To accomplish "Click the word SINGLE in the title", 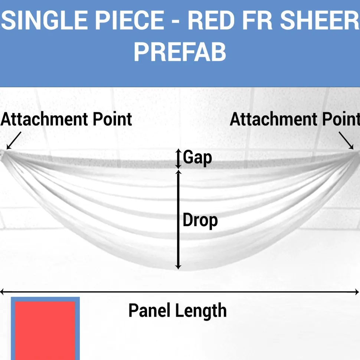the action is tap(44, 20).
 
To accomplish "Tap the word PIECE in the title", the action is tap(130, 20).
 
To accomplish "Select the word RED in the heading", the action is tap(210, 20).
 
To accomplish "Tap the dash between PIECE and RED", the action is tap(176, 21).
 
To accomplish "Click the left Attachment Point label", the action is tap(66, 120).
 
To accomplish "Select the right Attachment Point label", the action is tap(295, 120).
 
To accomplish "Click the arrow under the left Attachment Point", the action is tap(14, 141).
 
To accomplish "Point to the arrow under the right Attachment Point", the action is tap(346, 141).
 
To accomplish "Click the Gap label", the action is tap(197, 157).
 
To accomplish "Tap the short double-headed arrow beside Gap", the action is tap(179, 158).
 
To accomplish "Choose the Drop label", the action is tap(200, 220).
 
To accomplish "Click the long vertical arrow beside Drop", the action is tap(179, 219).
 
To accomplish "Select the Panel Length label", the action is tap(177, 311).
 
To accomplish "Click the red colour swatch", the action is tap(45, 331).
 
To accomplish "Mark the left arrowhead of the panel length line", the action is tap(2, 292).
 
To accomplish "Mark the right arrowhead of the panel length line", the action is tap(357, 292).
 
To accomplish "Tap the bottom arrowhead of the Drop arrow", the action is tap(179, 267).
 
